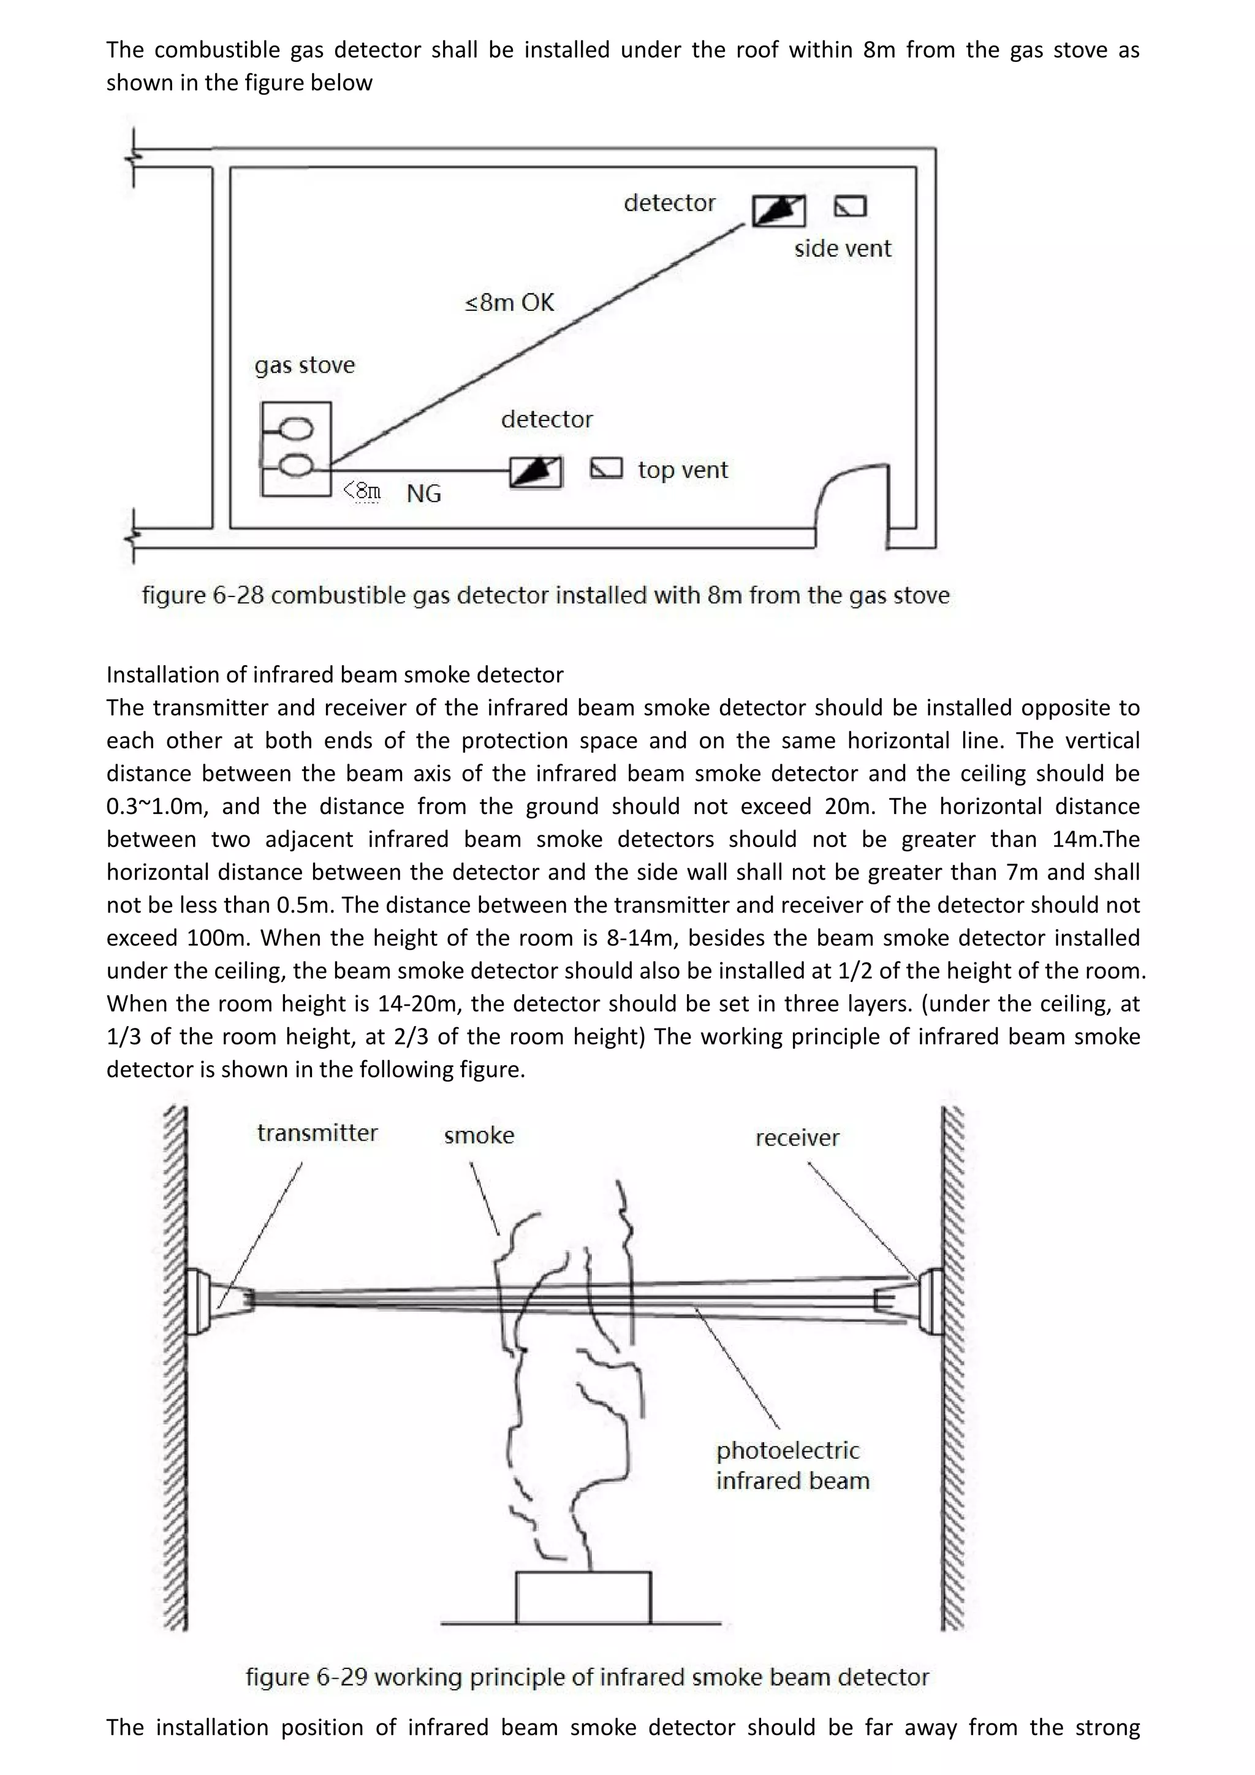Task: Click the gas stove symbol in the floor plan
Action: (296, 449)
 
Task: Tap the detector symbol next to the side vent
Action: (778, 210)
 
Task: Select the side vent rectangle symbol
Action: (850, 207)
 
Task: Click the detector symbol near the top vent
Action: (536, 471)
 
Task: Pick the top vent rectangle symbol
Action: (607, 468)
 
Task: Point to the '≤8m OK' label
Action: (509, 302)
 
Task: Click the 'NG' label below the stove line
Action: (423, 493)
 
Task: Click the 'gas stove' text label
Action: (305, 365)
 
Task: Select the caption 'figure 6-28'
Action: (545, 595)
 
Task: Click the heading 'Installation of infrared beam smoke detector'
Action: (335, 675)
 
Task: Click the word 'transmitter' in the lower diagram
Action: (317, 1133)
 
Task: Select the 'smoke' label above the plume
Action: (479, 1136)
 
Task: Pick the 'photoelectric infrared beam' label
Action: (792, 1465)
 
